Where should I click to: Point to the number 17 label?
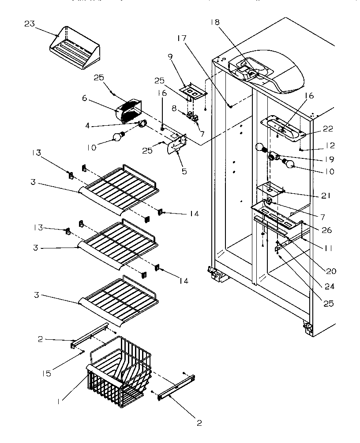point(182,38)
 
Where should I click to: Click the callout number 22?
point(329,129)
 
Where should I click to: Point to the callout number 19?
point(329,159)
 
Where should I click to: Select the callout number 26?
point(327,230)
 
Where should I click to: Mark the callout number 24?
point(329,286)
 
